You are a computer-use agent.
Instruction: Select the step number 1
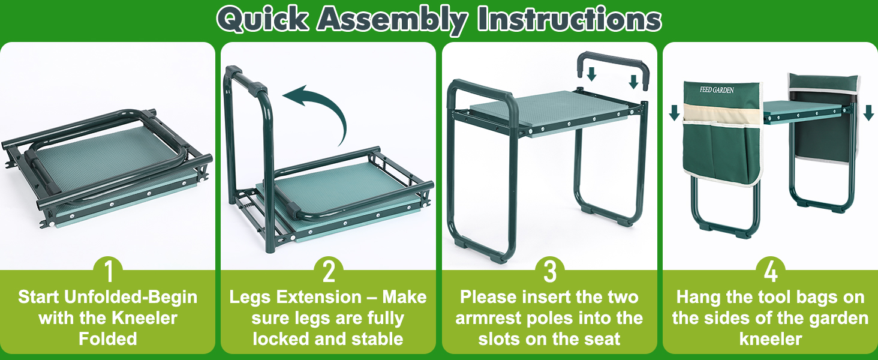point(108,272)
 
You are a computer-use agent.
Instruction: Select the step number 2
point(328,272)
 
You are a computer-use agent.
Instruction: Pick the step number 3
point(549,272)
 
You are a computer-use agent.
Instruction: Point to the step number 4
point(771,272)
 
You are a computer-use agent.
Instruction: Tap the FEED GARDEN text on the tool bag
point(719,90)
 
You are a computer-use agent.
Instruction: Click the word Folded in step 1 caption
point(108,338)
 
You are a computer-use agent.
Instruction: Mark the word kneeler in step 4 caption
point(771,338)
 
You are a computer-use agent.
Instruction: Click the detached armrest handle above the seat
point(612,60)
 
